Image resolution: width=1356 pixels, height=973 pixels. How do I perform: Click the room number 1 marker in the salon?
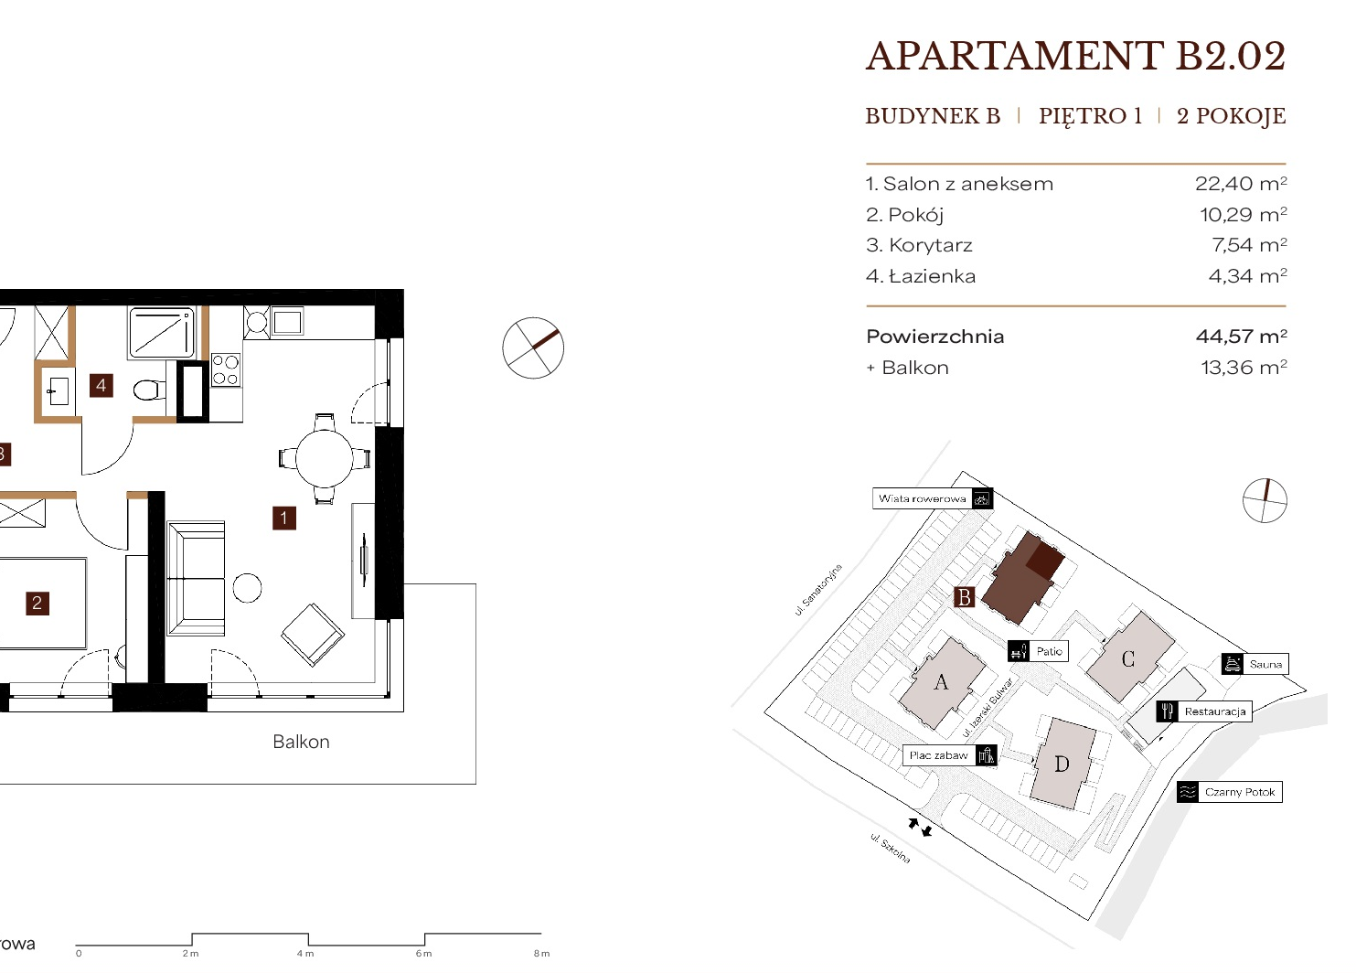pyautogui.click(x=284, y=519)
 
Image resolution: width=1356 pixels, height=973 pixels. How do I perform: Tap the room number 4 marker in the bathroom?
pyautogui.click(x=101, y=386)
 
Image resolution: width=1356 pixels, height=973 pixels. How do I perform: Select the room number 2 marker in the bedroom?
pyautogui.click(x=37, y=603)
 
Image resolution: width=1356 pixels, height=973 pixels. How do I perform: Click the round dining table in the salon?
pyautogui.click(x=325, y=458)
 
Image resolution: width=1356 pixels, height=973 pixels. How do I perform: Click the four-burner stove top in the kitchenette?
pyautogui.click(x=226, y=370)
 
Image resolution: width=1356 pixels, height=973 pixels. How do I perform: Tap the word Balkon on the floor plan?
pyautogui.click(x=301, y=742)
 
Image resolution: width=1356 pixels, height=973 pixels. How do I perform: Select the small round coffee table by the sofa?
pyautogui.click(x=247, y=588)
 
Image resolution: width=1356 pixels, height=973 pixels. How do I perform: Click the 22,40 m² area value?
pyautogui.click(x=1241, y=184)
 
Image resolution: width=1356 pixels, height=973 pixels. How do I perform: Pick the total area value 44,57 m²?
pyautogui.click(x=1242, y=336)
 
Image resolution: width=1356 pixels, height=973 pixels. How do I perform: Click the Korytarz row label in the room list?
pyautogui.click(x=919, y=245)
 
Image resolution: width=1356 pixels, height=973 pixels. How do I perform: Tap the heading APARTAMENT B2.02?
pyautogui.click(x=1075, y=57)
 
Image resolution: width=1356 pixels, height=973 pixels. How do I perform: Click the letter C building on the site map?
pyautogui.click(x=1128, y=658)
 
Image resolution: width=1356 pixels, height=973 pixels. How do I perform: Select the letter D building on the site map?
pyautogui.click(x=1062, y=764)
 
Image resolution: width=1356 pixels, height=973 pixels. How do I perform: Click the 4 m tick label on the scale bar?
pyautogui.click(x=305, y=954)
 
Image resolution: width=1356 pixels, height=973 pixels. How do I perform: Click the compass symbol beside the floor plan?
pyautogui.click(x=533, y=348)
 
